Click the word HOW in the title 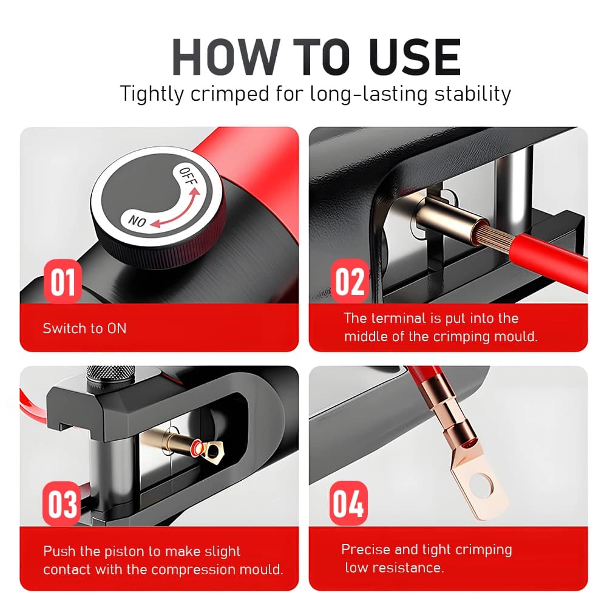(226, 57)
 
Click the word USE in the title (415, 57)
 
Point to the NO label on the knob (137, 221)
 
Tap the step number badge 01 (63, 282)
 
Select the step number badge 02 (350, 281)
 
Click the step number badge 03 (62, 504)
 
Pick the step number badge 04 (348, 503)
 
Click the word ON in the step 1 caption (117, 328)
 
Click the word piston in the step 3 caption (124, 552)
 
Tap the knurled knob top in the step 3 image (111, 373)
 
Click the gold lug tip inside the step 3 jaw (208, 449)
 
